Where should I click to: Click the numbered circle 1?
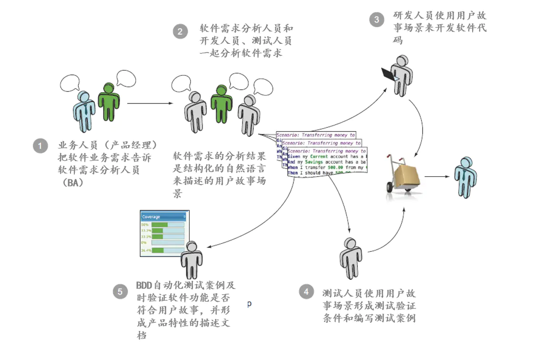pyautogui.click(x=40, y=146)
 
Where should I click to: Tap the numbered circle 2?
pyautogui.click(x=180, y=32)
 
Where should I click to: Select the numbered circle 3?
pyautogui.click(x=377, y=20)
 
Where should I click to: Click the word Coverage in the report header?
pyautogui.click(x=151, y=217)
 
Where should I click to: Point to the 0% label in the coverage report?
pyautogui.click(x=143, y=243)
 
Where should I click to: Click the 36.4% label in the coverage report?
pyautogui.click(x=146, y=250)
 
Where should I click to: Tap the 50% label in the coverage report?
pyautogui.click(x=144, y=224)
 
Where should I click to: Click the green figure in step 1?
pyautogui.click(x=109, y=100)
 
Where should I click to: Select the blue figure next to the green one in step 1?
pyautogui.click(x=86, y=110)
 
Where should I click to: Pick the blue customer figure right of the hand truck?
pyautogui.click(x=464, y=176)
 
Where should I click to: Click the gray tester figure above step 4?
pyautogui.click(x=351, y=257)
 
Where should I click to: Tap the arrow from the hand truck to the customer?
pyautogui.click(x=437, y=176)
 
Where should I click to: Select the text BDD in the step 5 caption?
pyautogui.click(x=144, y=286)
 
